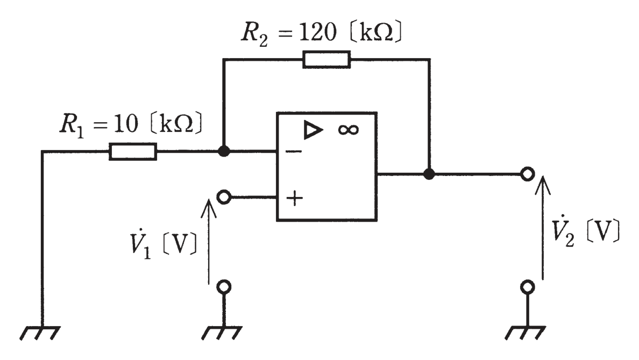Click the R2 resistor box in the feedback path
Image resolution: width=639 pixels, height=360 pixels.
point(326,60)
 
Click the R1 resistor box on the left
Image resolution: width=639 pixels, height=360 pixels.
point(133,152)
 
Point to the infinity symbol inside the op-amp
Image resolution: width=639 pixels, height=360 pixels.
point(349,130)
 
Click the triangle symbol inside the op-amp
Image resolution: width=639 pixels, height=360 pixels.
point(313,130)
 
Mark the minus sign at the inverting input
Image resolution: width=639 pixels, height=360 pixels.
point(294,152)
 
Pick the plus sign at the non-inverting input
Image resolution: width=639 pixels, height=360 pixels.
point(294,199)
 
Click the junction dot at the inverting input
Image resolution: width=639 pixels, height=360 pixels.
point(224,152)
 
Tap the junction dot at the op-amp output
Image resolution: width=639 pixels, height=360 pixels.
point(429,174)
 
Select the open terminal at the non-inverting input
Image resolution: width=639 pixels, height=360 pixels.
point(224,197)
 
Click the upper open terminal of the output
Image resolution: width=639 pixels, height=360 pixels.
point(527,174)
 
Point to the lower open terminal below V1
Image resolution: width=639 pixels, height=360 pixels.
point(224,287)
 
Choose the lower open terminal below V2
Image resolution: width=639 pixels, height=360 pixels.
point(527,287)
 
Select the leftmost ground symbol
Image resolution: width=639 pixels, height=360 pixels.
point(40,333)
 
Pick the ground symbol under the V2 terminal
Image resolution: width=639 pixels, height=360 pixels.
point(526,333)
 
